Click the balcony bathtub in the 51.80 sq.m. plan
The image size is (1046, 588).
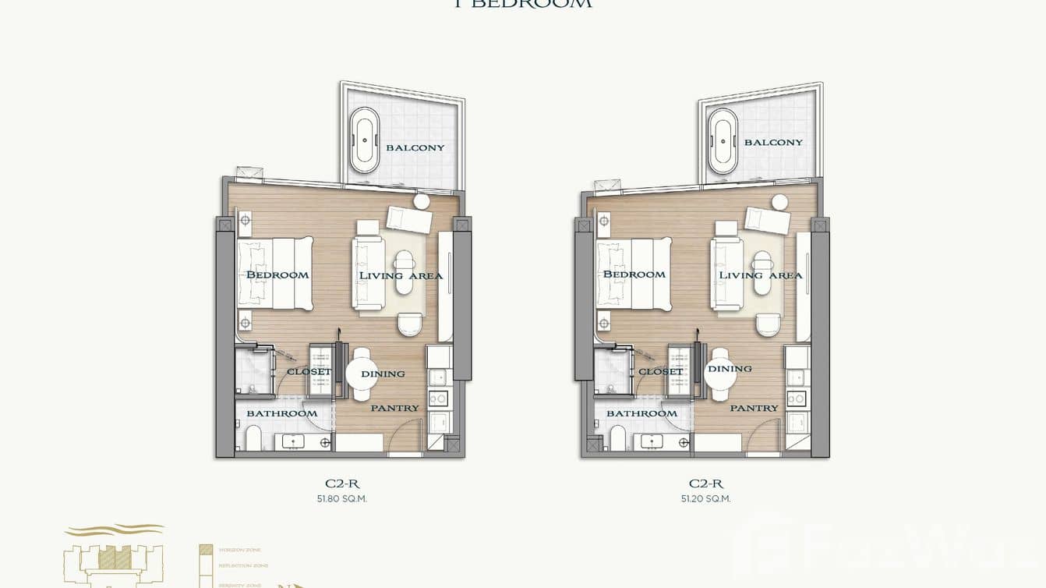(364, 140)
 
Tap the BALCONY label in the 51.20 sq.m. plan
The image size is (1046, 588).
(773, 143)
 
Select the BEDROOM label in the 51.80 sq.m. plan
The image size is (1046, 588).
(277, 275)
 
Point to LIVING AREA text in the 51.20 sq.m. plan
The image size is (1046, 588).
(760, 275)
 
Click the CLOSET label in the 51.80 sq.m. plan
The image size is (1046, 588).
(309, 372)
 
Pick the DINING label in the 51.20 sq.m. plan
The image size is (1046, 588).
(730, 369)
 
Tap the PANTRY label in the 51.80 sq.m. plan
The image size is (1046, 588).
(394, 408)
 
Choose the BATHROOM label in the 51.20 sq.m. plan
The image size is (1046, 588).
(641, 413)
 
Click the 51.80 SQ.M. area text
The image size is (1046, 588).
(342, 499)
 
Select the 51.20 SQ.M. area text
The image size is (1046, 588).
(705, 499)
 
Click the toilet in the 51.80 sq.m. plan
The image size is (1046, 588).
(253, 438)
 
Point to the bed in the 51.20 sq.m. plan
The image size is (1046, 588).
(633, 275)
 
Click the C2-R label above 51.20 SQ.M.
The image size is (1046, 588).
(705, 484)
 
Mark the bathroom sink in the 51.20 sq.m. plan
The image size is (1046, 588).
(652, 441)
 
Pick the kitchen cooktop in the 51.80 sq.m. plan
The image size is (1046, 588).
(439, 398)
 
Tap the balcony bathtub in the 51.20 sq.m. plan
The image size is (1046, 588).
(723, 140)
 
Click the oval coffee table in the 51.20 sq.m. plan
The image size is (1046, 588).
(762, 271)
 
